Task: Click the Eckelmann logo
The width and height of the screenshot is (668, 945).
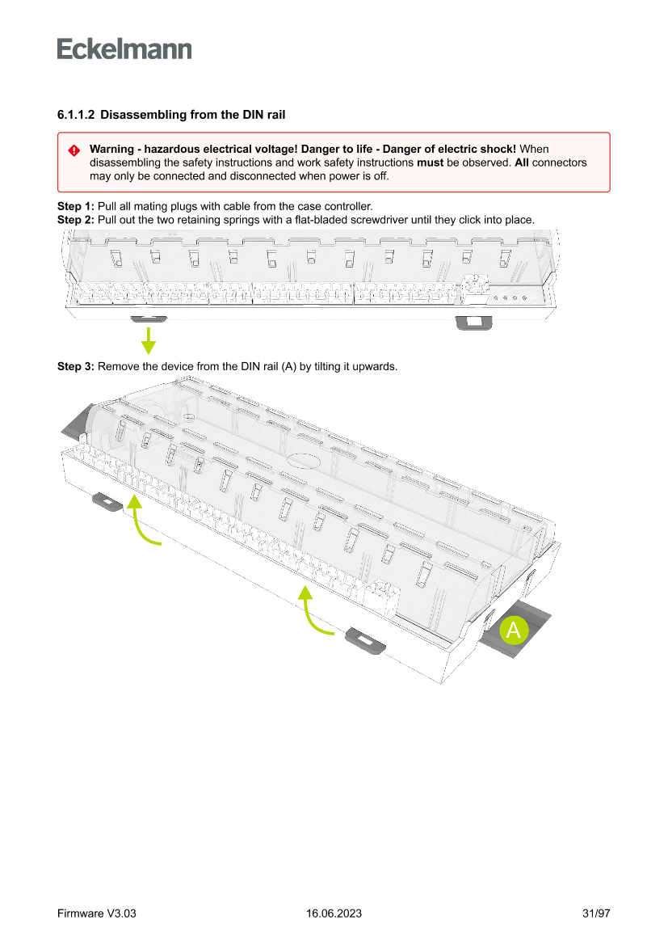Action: [124, 49]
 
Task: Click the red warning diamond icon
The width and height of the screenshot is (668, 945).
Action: [74, 150]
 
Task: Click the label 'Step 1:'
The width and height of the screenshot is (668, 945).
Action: [75, 207]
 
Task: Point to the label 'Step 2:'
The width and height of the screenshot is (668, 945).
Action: [75, 220]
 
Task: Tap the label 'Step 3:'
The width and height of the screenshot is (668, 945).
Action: [75, 367]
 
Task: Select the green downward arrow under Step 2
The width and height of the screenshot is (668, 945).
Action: [148, 340]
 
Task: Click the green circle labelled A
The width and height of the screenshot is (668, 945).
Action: [513, 631]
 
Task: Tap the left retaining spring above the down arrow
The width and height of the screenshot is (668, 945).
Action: [148, 319]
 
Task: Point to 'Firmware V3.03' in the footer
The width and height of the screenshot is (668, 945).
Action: [96, 913]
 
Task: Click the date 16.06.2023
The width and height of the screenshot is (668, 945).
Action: [334, 913]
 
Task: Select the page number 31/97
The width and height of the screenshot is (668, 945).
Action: [595, 913]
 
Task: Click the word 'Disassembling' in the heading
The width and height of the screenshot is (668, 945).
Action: [139, 116]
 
